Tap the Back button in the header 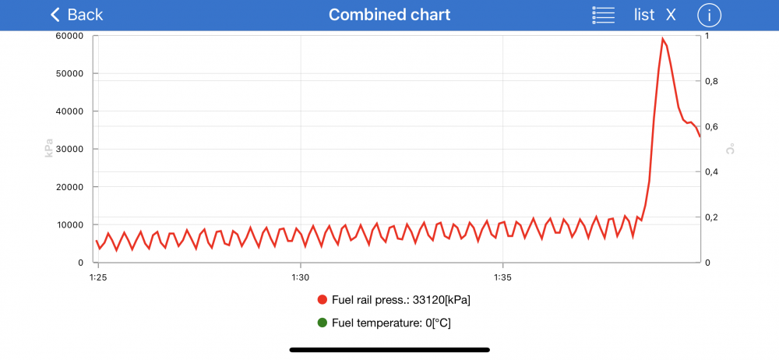pyautogui.click(x=76, y=15)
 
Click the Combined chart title pyautogui.click(x=389, y=15)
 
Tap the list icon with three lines pyautogui.click(x=604, y=15)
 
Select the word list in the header pyautogui.click(x=644, y=15)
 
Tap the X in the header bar pyautogui.click(x=671, y=15)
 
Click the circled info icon pyautogui.click(x=709, y=15)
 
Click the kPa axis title pyautogui.click(x=49, y=149)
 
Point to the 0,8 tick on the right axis pyautogui.click(x=710, y=81)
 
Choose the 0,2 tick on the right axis pyautogui.click(x=710, y=217)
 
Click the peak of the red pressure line pyautogui.click(x=663, y=39)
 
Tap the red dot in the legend pyautogui.click(x=323, y=300)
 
